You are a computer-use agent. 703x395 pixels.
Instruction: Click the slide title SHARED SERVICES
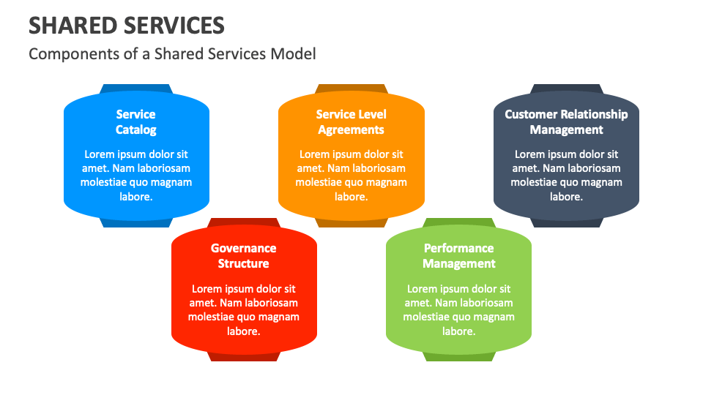(x=127, y=26)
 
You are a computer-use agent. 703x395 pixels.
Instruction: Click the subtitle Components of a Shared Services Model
(x=172, y=53)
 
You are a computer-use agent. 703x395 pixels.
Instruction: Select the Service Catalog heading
(x=136, y=122)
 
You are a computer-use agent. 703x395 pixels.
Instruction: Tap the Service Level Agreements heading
(x=351, y=122)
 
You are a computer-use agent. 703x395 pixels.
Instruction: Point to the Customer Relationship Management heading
(x=566, y=122)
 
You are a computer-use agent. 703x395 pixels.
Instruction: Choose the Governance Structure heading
(x=244, y=256)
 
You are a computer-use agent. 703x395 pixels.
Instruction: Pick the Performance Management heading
(x=459, y=256)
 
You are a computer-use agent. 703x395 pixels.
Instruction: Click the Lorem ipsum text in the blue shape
(x=136, y=176)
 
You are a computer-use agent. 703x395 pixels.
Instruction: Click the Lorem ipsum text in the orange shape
(x=351, y=176)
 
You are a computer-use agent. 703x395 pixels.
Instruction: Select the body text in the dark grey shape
(x=566, y=176)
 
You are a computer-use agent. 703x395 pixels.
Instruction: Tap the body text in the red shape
(x=244, y=309)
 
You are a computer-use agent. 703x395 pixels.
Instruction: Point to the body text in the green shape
(x=459, y=309)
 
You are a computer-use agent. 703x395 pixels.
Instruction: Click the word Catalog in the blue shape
(x=136, y=130)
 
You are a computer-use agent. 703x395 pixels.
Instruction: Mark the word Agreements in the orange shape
(x=351, y=130)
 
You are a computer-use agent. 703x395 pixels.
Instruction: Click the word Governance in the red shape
(x=244, y=248)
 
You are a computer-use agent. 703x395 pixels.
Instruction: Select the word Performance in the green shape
(x=459, y=248)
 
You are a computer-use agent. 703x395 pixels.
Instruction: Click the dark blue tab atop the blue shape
(x=136, y=89)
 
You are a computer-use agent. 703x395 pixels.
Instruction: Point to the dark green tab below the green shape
(x=459, y=356)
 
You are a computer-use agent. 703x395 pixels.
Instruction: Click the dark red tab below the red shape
(x=244, y=356)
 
